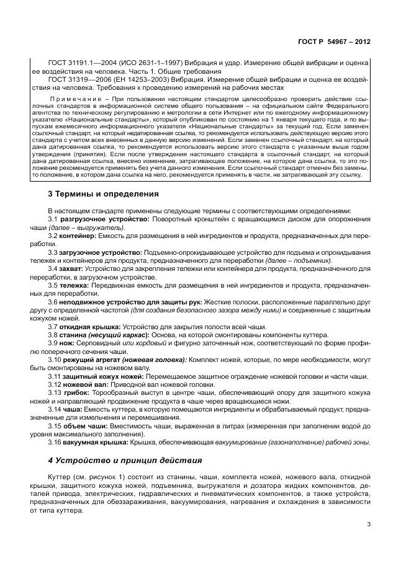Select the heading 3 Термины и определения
[103, 193]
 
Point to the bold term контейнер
[78, 236]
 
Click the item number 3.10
[55, 360]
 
